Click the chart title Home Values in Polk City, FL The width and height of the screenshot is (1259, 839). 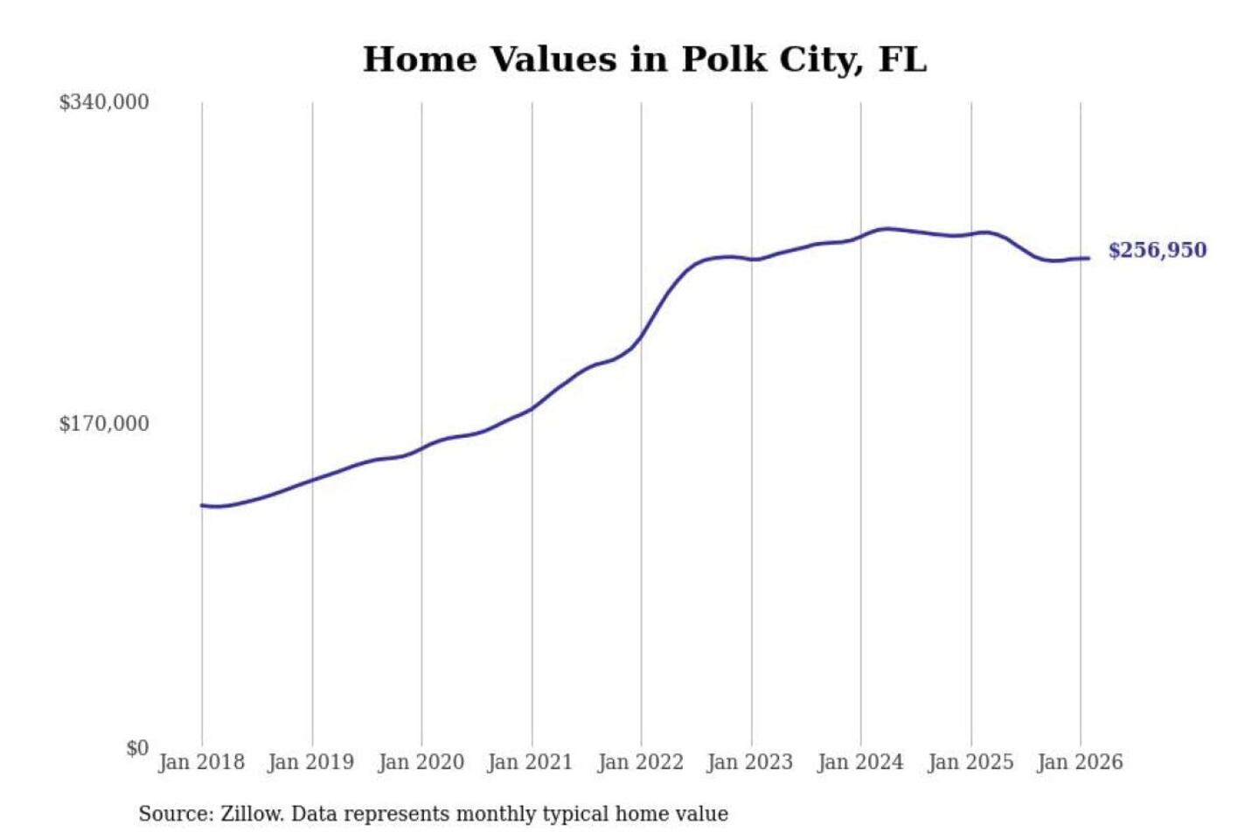click(x=644, y=59)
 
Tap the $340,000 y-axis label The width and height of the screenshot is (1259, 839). click(x=104, y=102)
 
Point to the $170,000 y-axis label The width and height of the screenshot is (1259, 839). click(x=104, y=424)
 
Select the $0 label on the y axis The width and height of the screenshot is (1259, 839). click(x=137, y=748)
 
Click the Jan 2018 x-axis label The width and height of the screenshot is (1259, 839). click(x=201, y=762)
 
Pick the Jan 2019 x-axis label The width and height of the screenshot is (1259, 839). click(x=311, y=762)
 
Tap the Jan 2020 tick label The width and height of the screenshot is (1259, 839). click(x=421, y=762)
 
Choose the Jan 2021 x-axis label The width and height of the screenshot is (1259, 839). click(x=530, y=762)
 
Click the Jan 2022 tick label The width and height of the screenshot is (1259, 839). click(x=640, y=762)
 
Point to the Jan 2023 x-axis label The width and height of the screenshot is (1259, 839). click(x=749, y=762)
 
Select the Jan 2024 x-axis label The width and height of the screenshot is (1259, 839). click(x=859, y=762)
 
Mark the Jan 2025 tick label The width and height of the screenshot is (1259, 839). click(x=970, y=762)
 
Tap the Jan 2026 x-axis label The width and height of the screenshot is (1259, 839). click(x=1079, y=762)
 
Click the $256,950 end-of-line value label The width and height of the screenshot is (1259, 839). click(x=1157, y=251)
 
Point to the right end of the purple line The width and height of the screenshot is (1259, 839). click(x=1089, y=258)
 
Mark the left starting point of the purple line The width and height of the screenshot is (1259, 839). click(x=202, y=505)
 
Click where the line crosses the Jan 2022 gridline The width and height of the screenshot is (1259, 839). click(x=641, y=336)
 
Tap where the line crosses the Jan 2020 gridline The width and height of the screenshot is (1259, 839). click(x=421, y=449)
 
